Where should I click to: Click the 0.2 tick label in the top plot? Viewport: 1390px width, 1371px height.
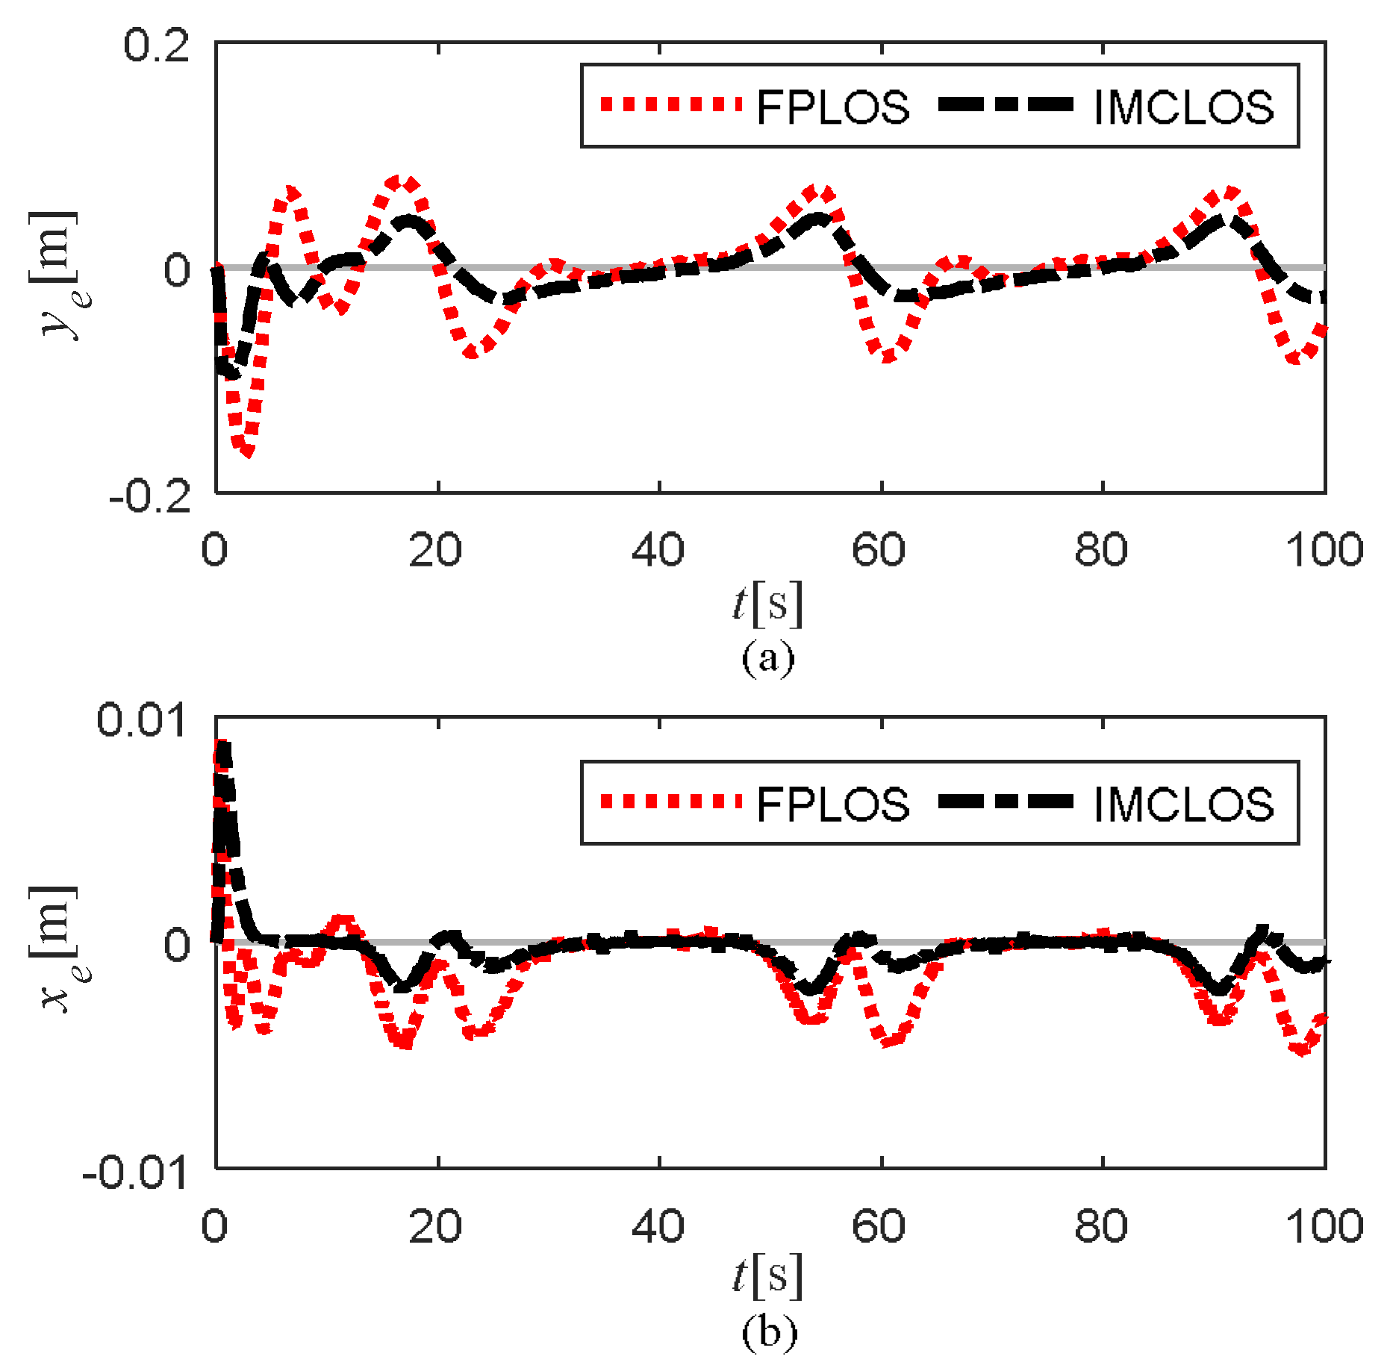156,46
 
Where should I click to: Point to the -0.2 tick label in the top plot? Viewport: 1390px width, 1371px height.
150,496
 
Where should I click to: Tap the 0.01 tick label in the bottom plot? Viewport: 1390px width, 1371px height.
141,721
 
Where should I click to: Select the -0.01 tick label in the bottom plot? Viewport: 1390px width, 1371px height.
134,1173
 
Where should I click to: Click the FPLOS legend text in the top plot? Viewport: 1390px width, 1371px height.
832,107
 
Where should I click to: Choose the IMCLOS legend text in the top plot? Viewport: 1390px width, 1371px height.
1183,107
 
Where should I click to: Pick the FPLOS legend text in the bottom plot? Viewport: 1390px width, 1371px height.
832,804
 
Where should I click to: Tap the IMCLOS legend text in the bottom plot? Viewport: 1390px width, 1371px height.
1183,804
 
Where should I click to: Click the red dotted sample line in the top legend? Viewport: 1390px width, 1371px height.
670,104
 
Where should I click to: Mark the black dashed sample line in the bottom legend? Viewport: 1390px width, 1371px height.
1006,802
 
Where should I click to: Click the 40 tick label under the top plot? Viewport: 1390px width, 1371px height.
658,550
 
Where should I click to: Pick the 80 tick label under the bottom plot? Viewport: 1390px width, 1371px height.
1101,1225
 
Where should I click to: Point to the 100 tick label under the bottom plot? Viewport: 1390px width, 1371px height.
1324,1225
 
